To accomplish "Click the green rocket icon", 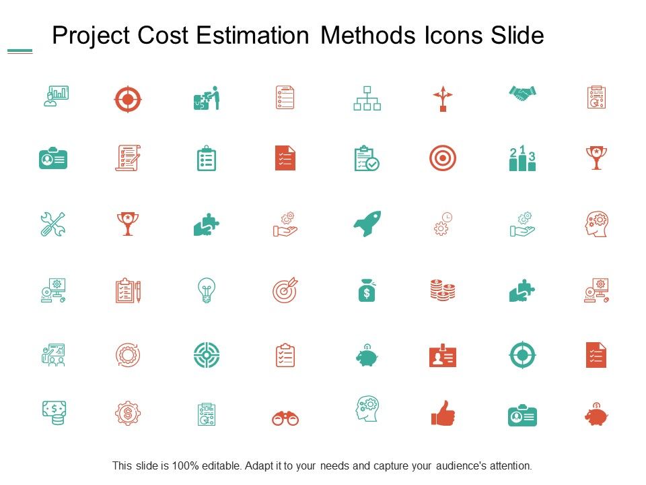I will click(x=367, y=224).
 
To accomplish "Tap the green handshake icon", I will click(x=522, y=94).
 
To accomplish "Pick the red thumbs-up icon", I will click(x=442, y=414).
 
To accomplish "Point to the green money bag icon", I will click(x=367, y=290).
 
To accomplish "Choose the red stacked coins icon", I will click(x=442, y=290).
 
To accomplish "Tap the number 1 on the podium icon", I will click(x=522, y=150).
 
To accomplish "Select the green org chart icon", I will click(x=367, y=98).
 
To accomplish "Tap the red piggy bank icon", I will click(x=596, y=415).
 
